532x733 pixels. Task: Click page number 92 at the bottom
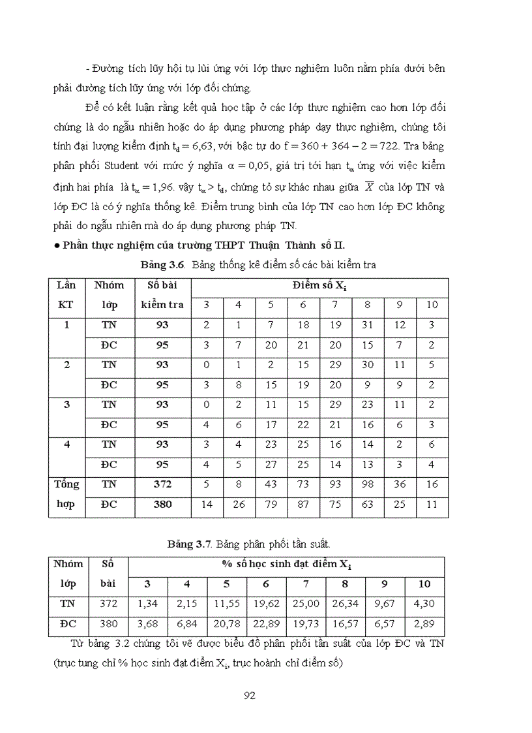coord(248,696)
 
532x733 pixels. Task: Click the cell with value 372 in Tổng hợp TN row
coord(162,484)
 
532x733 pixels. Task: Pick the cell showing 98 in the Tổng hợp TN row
coord(367,484)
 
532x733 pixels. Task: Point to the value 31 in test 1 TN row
coord(367,325)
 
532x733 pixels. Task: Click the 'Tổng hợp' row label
coord(67,494)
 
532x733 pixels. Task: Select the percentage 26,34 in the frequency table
coord(345,604)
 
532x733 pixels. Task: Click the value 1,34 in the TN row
coord(147,604)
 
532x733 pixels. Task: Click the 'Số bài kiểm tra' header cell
coord(162,295)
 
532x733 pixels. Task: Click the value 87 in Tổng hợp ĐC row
coord(303,505)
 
